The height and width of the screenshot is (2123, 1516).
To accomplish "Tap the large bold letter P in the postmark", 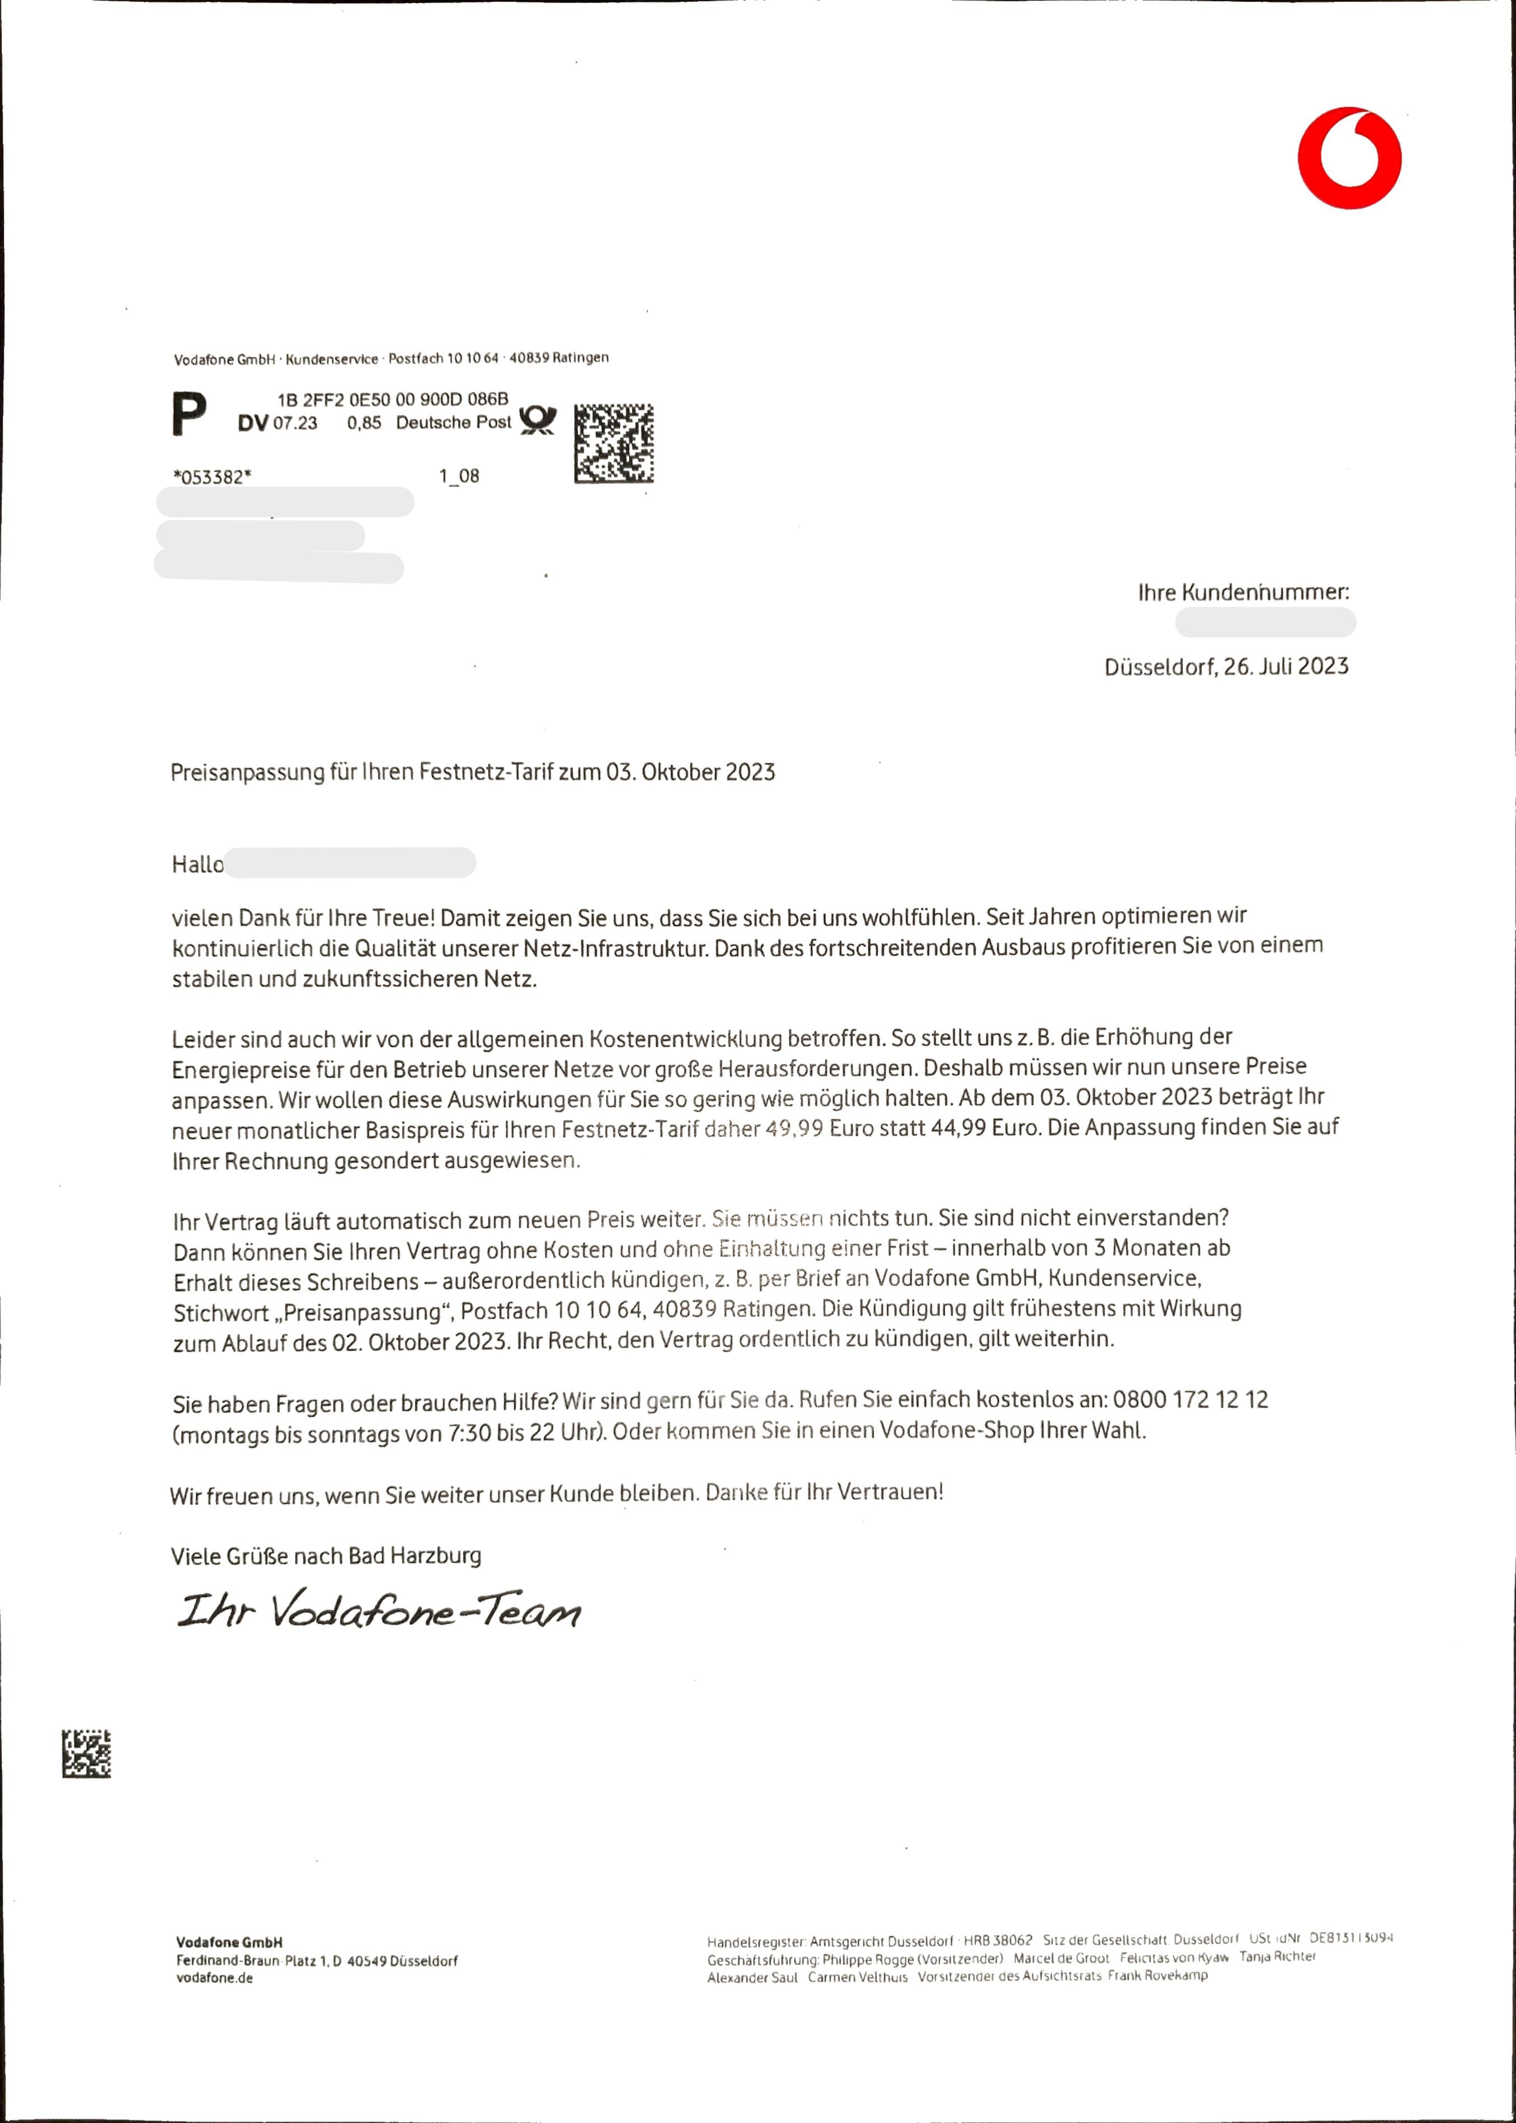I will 190,415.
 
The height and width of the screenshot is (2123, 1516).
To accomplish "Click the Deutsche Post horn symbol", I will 537,420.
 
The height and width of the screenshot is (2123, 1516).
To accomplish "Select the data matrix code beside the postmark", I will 613,444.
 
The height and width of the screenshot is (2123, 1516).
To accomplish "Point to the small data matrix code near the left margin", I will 87,1753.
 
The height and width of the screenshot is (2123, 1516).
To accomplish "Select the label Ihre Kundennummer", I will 1242,592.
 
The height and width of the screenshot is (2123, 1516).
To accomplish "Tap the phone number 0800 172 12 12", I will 1190,1399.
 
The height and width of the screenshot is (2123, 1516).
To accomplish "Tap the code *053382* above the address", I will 212,477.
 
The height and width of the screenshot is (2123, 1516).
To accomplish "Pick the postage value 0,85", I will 364,423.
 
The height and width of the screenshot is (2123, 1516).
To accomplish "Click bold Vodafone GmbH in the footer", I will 229,1942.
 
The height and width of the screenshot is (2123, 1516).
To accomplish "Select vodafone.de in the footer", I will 214,1978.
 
